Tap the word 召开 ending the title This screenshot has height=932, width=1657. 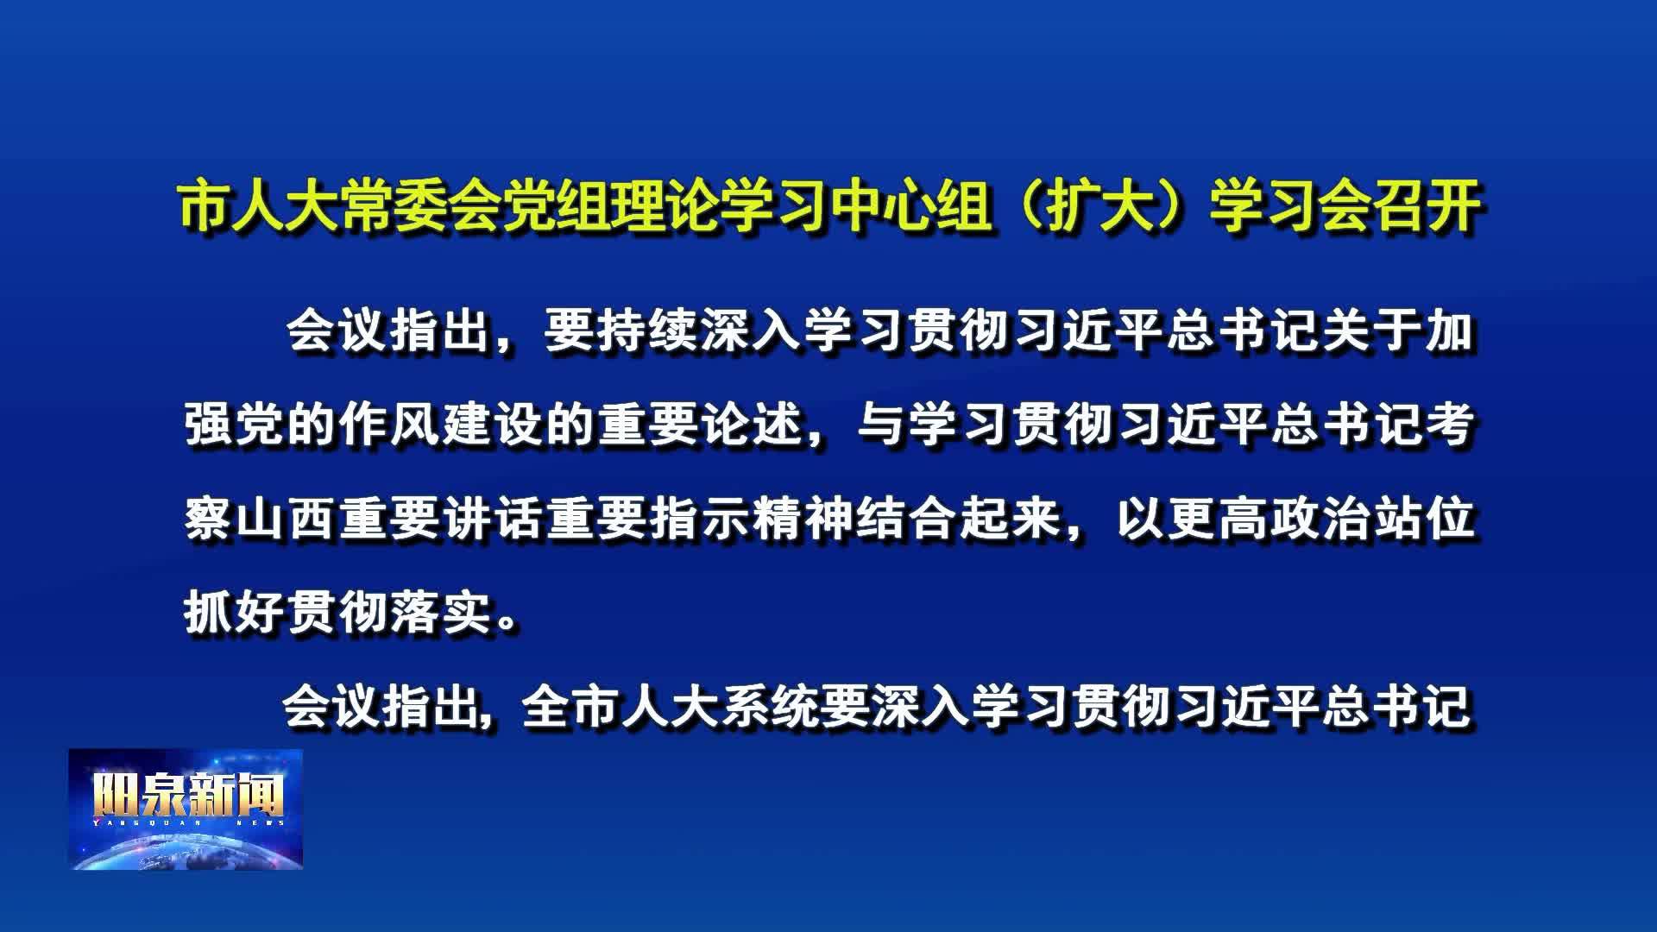1427,207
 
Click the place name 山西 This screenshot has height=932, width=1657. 287,520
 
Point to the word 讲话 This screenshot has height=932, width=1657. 494,520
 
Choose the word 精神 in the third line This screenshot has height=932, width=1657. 804,520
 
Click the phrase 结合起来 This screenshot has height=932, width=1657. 958,520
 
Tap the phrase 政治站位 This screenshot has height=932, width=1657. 1371,520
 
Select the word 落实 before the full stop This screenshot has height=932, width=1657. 442,614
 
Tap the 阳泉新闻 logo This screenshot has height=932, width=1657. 186,809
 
